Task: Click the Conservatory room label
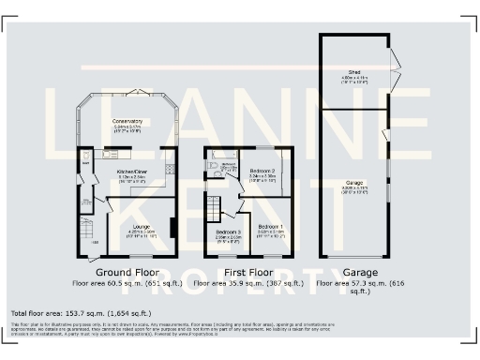click(127, 121)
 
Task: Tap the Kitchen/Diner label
click(132, 172)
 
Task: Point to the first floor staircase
click(214, 207)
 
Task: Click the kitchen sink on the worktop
click(110, 154)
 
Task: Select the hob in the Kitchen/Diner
click(170, 169)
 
